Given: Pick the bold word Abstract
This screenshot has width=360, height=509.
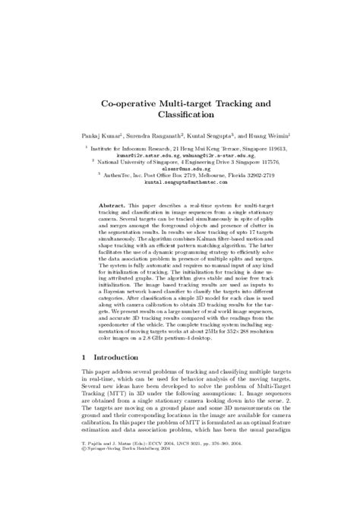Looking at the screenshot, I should [114, 206].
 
